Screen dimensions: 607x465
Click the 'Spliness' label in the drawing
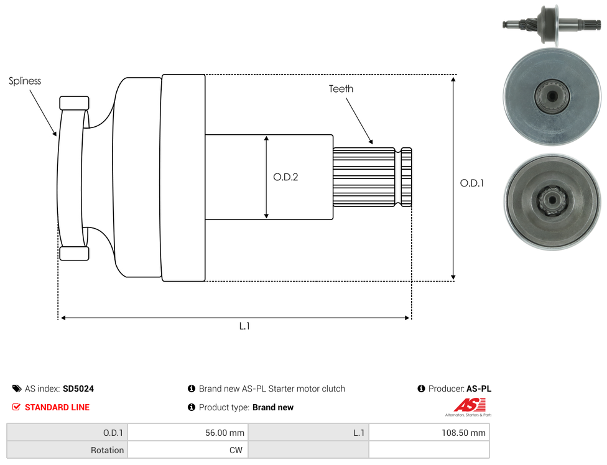coord(25,81)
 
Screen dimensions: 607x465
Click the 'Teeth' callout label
coord(341,89)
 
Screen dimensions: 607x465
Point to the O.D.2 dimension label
coord(285,177)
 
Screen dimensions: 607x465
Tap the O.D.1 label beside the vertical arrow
coord(472,183)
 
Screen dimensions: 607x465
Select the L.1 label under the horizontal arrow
coord(244,326)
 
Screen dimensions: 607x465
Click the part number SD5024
coord(78,389)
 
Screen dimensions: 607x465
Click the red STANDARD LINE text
coord(57,407)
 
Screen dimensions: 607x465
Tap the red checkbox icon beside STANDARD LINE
coord(16,407)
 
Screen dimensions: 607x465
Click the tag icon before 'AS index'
coord(17,389)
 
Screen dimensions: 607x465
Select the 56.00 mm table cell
coord(188,433)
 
